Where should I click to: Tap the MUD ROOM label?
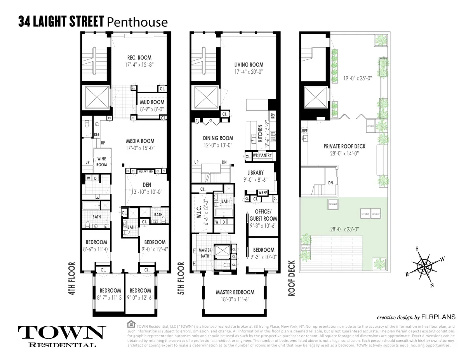point(152,103)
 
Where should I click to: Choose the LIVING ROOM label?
point(249,64)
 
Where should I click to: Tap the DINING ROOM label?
point(218,138)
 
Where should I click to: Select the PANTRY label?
point(266,155)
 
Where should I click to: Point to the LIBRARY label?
point(256,173)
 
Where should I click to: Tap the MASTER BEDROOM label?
point(235,292)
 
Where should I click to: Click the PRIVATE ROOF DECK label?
point(344,146)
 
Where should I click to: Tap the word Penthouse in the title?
point(137,22)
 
